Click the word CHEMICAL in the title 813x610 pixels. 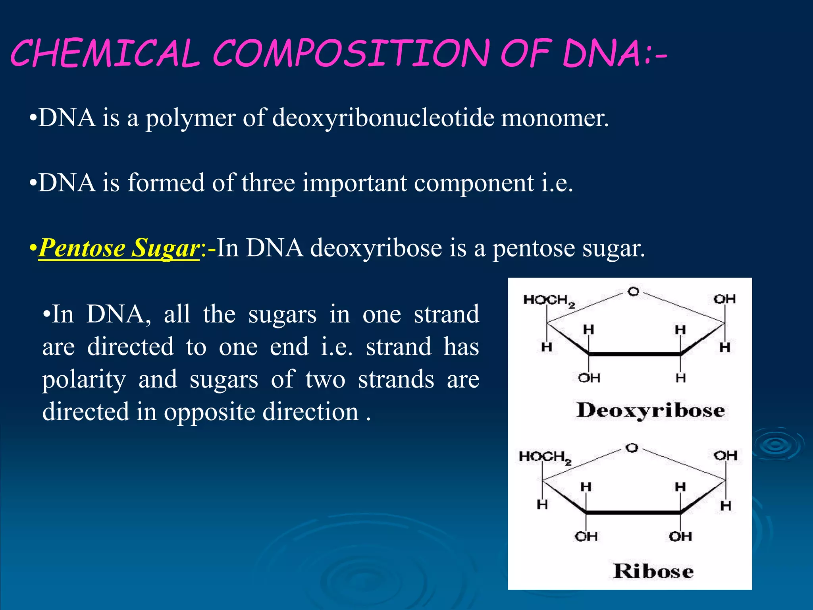105,53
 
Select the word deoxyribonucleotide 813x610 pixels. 383,118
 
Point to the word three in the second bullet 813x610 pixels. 268,183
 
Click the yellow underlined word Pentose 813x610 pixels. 82,248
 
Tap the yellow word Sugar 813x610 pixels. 165,249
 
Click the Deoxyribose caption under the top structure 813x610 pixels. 650,411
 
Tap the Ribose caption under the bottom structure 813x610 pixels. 653,571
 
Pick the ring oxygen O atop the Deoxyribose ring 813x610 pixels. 633,292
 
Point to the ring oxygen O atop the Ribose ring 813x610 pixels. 632,448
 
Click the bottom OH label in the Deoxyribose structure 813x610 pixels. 589,378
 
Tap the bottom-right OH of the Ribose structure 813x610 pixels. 680,537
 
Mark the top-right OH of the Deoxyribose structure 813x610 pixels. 724,299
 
